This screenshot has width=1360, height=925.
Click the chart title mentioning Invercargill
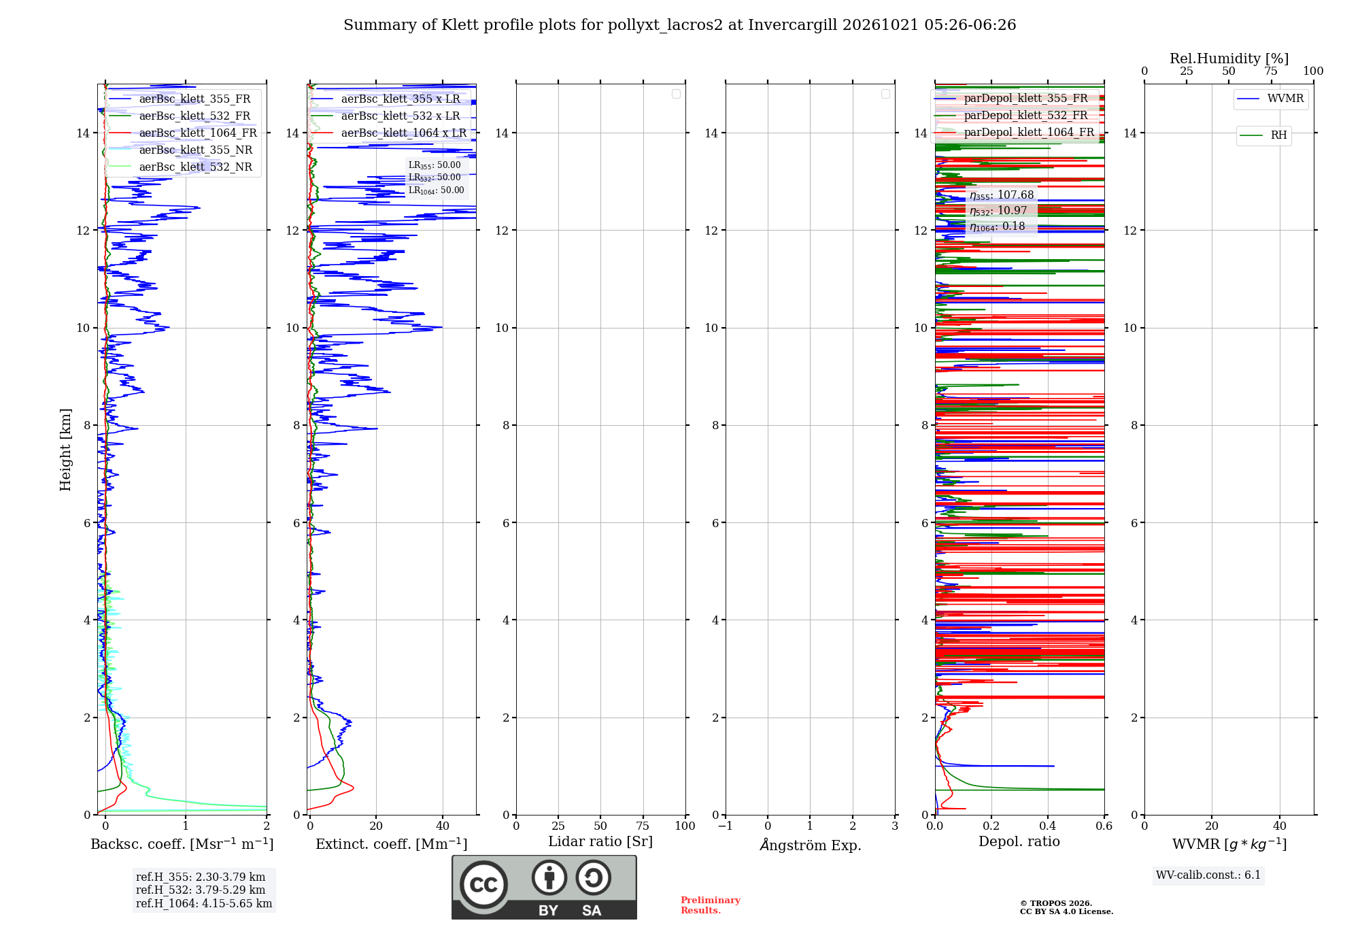coord(679,25)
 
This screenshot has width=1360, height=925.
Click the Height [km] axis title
coord(65,450)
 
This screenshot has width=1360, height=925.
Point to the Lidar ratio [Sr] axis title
coord(600,842)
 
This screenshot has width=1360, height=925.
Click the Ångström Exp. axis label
coord(811,845)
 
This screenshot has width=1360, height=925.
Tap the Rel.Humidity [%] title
coord(1229,58)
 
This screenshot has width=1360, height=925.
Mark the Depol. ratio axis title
coord(1019,842)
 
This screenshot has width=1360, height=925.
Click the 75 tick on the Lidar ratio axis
coord(643,826)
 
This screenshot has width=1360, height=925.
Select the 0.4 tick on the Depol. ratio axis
coord(1048,826)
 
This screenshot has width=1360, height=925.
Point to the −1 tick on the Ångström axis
coord(725,826)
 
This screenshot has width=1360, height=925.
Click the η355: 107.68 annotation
coord(1002,195)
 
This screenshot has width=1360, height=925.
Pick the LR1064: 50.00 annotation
coord(436,190)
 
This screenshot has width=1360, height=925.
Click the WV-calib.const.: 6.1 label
coord(1208,875)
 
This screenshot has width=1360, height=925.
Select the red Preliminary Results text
coord(711,905)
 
